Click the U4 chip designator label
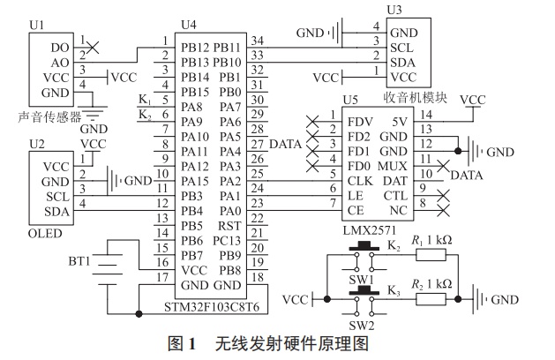click(x=187, y=24)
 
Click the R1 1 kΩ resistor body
click(x=432, y=255)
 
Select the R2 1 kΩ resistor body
click(x=432, y=299)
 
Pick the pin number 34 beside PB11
click(x=258, y=40)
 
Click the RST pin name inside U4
click(x=229, y=225)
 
